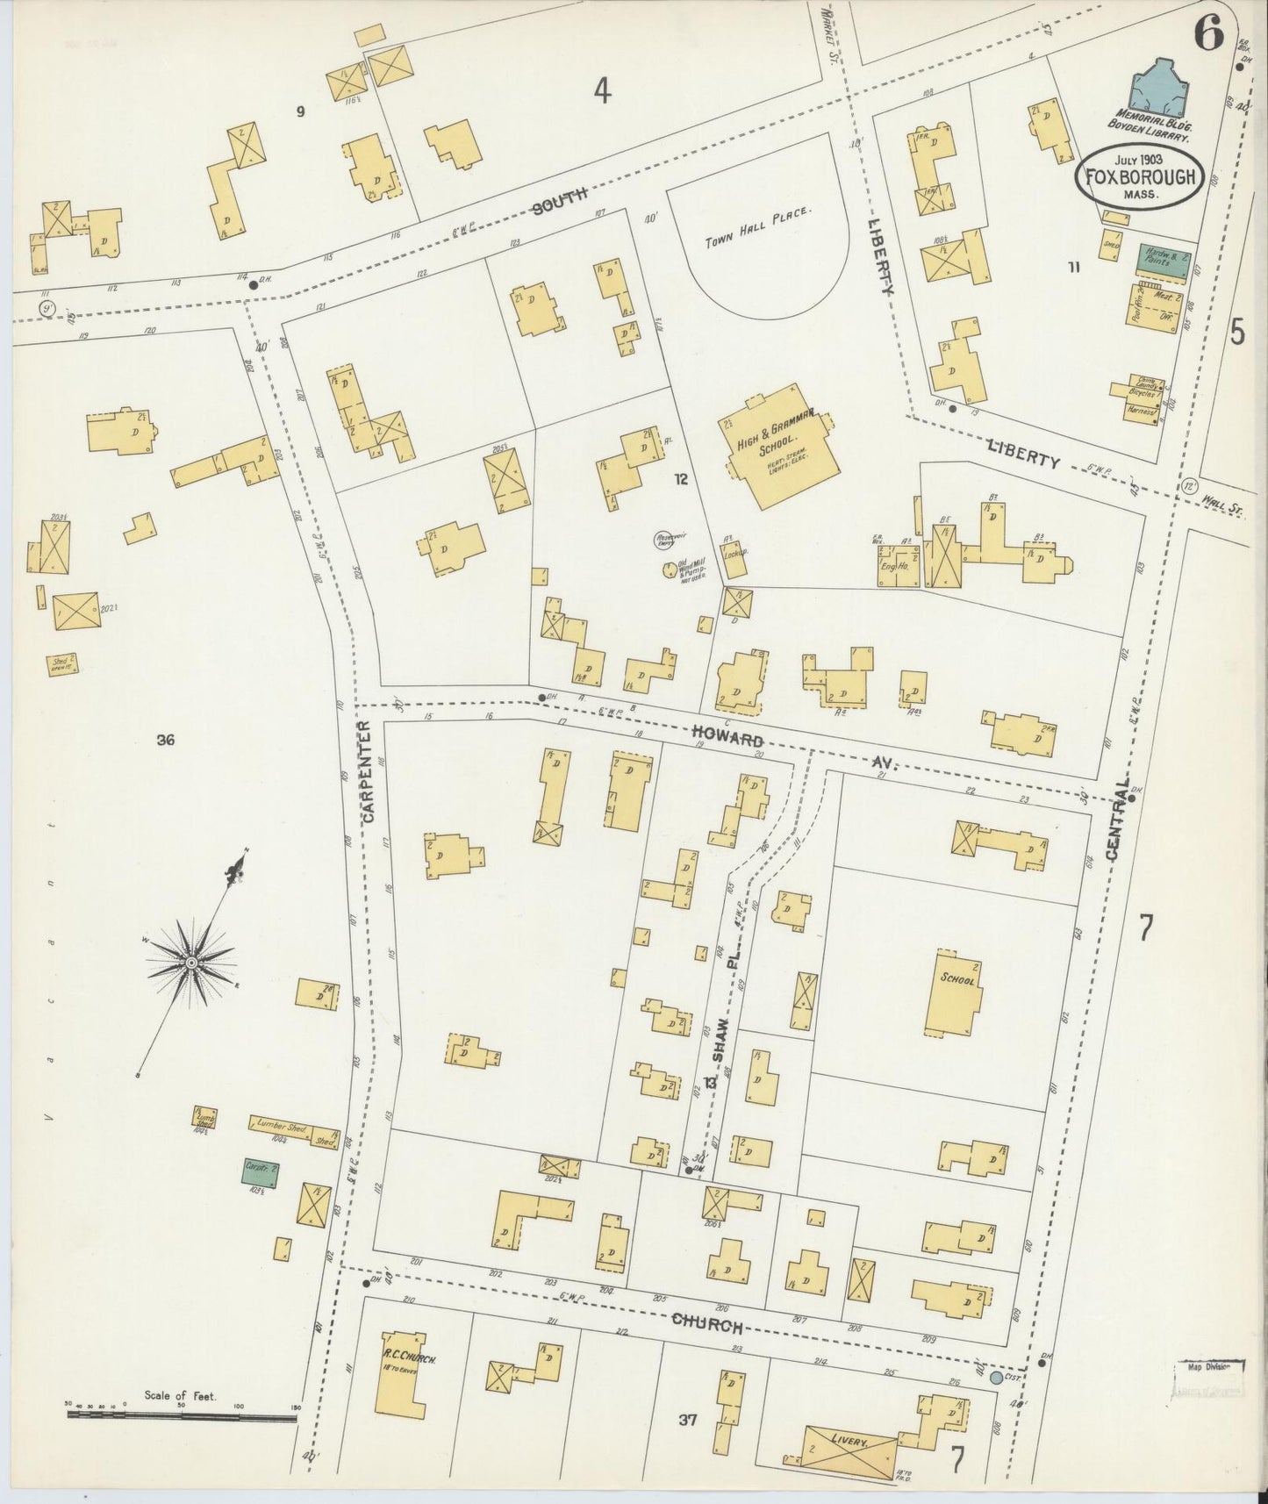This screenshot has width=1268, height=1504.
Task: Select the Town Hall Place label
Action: coord(760,226)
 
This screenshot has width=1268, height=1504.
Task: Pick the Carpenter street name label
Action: coord(367,772)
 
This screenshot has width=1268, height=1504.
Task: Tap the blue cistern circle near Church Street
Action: coord(995,1379)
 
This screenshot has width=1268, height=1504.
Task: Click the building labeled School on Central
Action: coord(954,992)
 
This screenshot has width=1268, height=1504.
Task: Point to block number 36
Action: coord(165,741)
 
